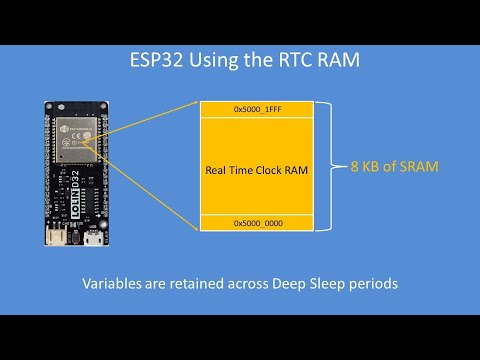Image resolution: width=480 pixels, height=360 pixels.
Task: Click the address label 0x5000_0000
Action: [x=256, y=224]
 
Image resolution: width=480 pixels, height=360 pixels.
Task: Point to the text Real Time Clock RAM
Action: [x=256, y=170]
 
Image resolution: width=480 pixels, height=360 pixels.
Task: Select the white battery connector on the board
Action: [x=56, y=237]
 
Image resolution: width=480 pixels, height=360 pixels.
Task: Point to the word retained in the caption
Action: [x=195, y=283]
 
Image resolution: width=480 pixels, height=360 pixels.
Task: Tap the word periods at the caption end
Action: [x=370, y=283]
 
